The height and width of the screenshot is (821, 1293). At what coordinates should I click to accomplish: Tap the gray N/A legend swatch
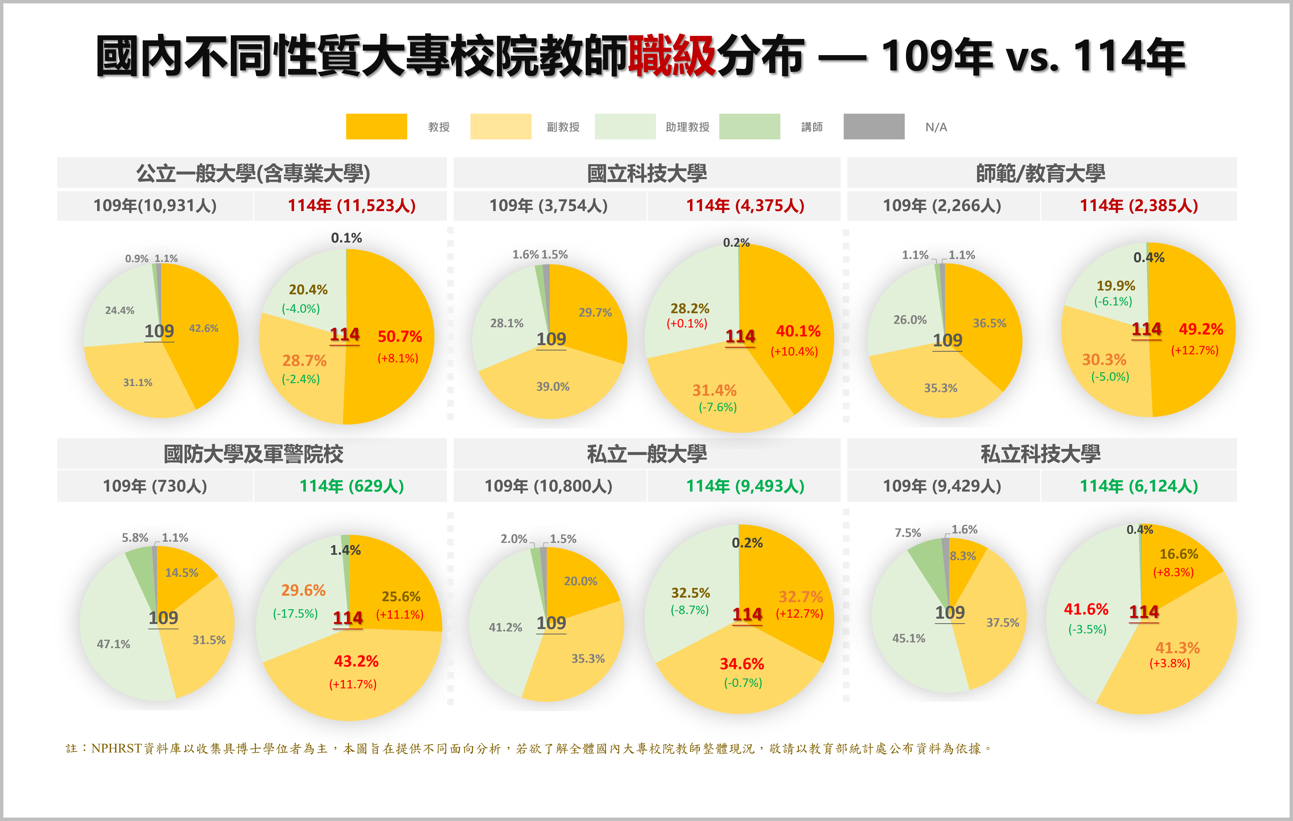pyautogui.click(x=874, y=127)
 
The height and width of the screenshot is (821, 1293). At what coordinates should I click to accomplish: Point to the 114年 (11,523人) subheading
pyautogui.click(x=352, y=205)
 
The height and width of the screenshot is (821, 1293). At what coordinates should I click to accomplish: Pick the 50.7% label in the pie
pyautogui.click(x=400, y=336)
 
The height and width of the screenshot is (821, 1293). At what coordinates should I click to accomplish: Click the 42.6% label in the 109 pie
pyautogui.click(x=203, y=328)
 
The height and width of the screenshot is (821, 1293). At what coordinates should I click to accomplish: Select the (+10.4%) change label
pyautogui.click(x=794, y=351)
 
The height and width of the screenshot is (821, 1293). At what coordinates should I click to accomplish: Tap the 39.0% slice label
pyautogui.click(x=552, y=386)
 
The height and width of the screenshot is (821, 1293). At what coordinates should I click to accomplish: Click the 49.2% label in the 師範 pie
pyautogui.click(x=1201, y=329)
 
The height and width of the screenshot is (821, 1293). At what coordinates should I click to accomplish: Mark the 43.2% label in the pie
pyautogui.click(x=356, y=661)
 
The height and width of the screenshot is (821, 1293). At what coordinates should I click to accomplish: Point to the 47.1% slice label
pyautogui.click(x=113, y=644)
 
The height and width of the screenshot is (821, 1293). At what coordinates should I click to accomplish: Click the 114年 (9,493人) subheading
pyautogui.click(x=745, y=486)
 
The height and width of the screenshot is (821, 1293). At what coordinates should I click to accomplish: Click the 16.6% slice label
pyautogui.click(x=1179, y=554)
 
